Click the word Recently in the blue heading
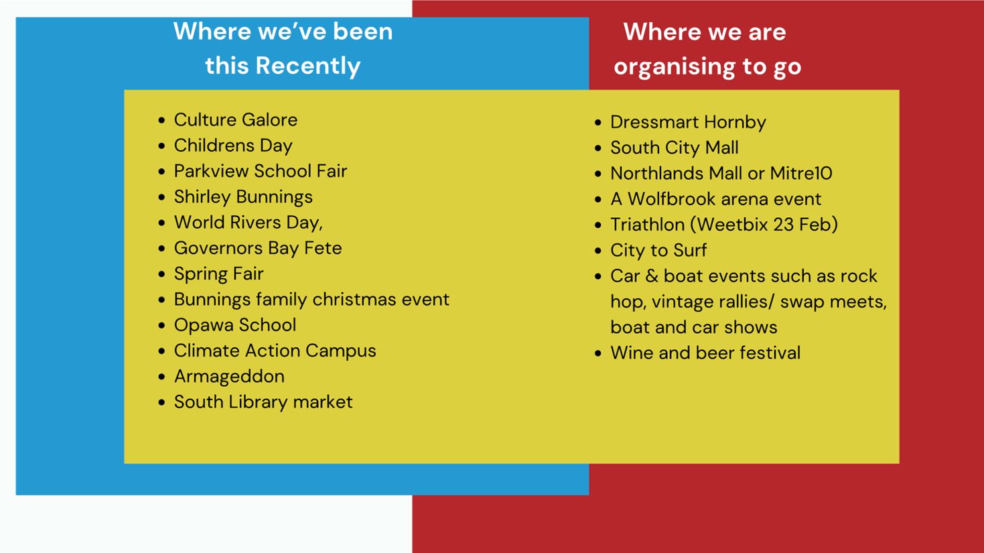click(308, 66)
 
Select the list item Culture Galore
click(236, 119)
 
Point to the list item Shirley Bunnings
click(243, 197)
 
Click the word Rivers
click(255, 223)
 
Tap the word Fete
click(323, 248)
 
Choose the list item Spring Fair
click(219, 274)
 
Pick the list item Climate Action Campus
click(275, 351)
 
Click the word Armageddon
click(229, 377)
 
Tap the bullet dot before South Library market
click(161, 402)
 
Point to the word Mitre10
click(801, 173)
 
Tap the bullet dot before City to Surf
click(598, 251)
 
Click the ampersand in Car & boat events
click(652, 276)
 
